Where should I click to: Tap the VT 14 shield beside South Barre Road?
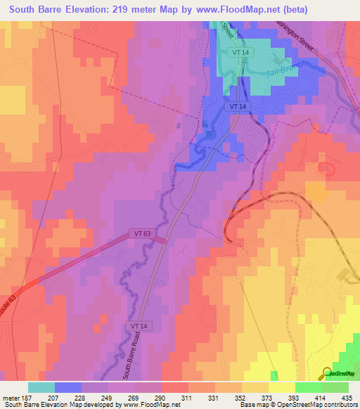coord(139,327)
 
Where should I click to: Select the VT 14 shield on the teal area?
coord(241,53)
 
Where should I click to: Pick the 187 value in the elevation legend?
coord(26,397)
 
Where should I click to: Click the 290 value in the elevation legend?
coord(161,397)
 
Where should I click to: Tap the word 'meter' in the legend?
coord(10,397)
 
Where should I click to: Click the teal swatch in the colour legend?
coord(41,387)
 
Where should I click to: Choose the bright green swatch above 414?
coord(308,387)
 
